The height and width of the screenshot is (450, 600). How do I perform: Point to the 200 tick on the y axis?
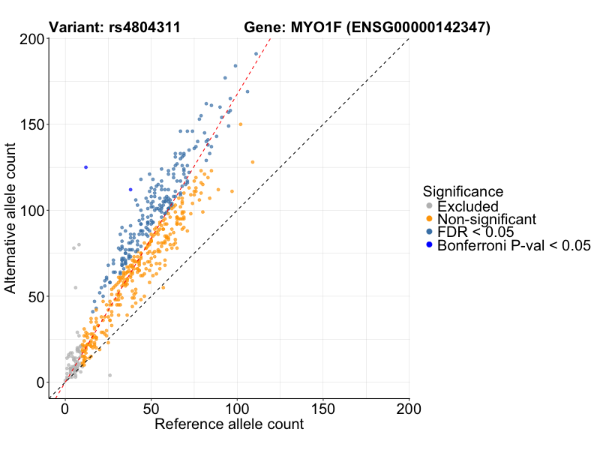tap(29, 39)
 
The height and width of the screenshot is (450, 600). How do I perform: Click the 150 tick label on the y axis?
tap(29, 124)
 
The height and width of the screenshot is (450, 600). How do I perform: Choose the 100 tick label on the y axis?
tap(29, 210)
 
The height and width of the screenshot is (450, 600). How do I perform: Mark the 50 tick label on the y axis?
tap(34, 296)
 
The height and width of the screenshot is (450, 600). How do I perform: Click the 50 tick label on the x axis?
tap(151, 409)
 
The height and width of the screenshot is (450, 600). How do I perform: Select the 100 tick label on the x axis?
tap(237, 409)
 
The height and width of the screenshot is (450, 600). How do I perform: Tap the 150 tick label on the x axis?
tap(323, 409)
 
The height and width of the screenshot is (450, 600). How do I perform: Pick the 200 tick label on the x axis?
tap(409, 409)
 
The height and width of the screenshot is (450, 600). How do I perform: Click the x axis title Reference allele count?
tap(229, 424)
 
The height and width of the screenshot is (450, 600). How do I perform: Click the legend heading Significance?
tap(463, 191)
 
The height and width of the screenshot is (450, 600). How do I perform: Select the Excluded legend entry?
tap(468, 206)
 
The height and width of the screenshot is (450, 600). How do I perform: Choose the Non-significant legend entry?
tap(487, 219)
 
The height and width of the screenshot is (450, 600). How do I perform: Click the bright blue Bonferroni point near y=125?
tap(86, 167)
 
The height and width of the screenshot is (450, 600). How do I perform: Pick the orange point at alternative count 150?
tap(240, 124)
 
